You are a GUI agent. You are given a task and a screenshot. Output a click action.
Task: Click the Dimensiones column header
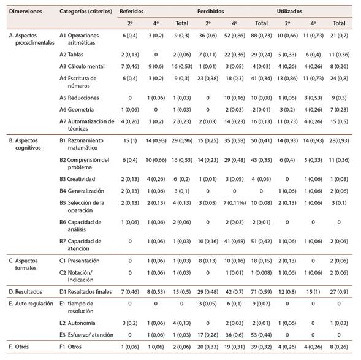[x=26, y=11]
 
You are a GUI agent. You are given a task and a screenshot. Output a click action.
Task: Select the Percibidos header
[x=210, y=11]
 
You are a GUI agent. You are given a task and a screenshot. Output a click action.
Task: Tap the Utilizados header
[x=289, y=11]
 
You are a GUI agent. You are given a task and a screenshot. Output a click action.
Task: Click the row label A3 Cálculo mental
[x=82, y=66]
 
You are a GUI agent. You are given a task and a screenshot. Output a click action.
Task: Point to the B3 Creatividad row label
[x=77, y=179]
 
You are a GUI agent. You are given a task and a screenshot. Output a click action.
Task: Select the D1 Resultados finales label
[x=85, y=291]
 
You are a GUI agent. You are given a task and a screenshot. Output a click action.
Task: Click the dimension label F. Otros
[x=18, y=347]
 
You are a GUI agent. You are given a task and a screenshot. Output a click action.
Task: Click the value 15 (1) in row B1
[x=130, y=140]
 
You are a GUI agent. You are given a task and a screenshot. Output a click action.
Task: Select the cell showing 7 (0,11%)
[x=234, y=202]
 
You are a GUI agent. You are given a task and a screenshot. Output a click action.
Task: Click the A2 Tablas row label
[x=71, y=55]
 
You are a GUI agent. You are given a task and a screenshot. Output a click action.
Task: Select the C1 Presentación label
[x=80, y=261]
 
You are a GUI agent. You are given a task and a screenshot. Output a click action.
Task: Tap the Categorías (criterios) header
[x=86, y=11]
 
